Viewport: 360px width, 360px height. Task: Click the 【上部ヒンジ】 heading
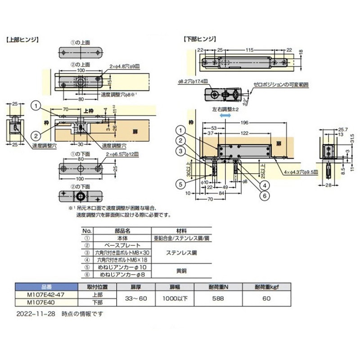pos(23,40)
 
